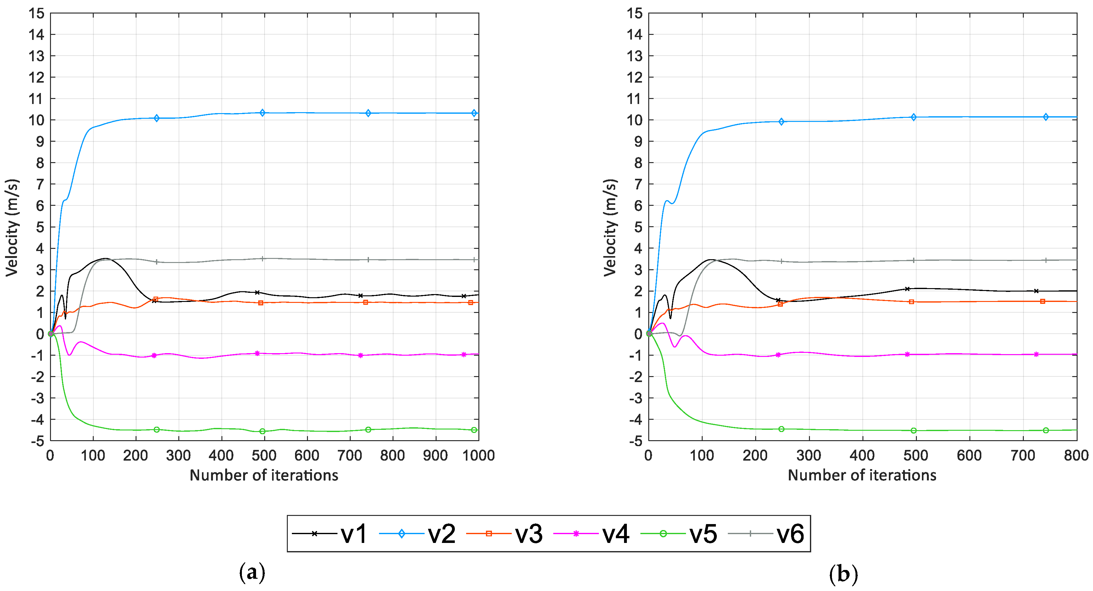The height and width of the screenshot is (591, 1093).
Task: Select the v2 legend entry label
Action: point(441,534)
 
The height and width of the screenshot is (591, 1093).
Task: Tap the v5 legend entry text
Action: point(703,534)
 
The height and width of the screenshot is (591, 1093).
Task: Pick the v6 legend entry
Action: point(790,534)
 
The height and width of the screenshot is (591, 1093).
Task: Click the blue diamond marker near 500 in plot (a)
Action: point(262,113)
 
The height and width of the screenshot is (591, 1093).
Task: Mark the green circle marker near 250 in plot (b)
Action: point(781,429)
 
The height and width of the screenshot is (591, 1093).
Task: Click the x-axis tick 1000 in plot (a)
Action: point(478,456)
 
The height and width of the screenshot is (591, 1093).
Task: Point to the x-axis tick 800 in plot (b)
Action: point(1076,456)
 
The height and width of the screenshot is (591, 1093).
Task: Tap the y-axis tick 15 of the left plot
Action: point(36,14)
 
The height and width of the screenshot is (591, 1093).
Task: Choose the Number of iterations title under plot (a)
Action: point(264,475)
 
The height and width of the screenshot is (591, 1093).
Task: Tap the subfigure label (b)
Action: point(843,574)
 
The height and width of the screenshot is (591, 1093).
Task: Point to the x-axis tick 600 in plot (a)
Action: point(306,456)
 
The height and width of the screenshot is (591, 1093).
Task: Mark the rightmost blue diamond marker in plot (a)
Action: point(474,113)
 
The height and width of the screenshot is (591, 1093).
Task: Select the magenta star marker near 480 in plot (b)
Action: point(907,354)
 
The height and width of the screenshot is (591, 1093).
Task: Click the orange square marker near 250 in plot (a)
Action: point(156,299)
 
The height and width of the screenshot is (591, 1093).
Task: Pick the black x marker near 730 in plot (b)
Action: point(1036,291)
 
